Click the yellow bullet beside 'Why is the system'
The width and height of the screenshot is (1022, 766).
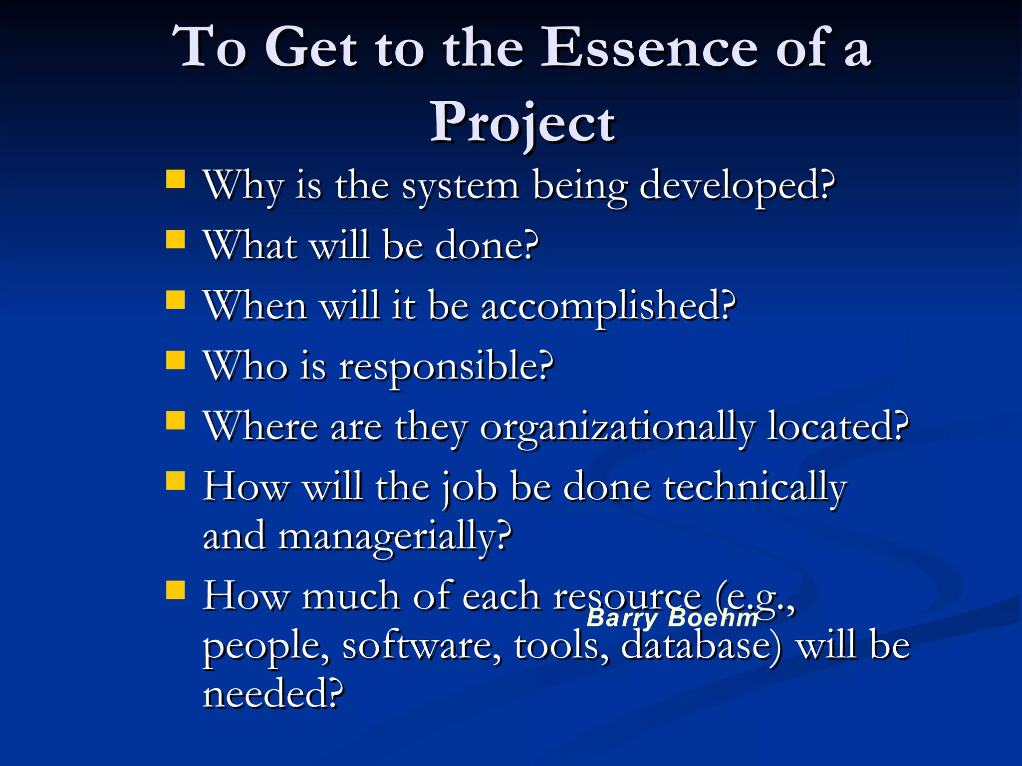click(175, 179)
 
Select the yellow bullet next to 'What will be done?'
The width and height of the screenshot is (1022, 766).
click(175, 239)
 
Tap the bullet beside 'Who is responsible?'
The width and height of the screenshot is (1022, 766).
click(175, 360)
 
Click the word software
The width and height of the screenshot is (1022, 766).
click(422, 646)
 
